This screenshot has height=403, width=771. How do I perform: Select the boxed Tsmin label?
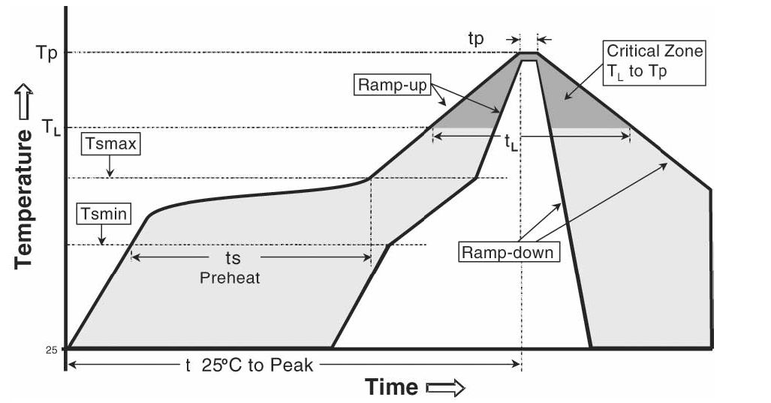[x=104, y=214]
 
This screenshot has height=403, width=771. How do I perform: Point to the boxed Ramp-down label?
[x=508, y=251]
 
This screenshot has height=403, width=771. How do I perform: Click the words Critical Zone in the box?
[x=655, y=52]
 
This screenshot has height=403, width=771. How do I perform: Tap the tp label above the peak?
[x=476, y=39]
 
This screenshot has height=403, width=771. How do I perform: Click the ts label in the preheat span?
[x=233, y=257]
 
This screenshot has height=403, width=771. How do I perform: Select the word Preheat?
[x=229, y=277]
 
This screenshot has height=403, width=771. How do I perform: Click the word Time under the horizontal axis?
[x=391, y=387]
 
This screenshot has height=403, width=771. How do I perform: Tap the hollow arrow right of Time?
[x=445, y=387]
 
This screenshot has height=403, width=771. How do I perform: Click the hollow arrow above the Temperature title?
[x=24, y=103]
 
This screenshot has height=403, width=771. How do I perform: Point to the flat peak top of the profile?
[x=529, y=54]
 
